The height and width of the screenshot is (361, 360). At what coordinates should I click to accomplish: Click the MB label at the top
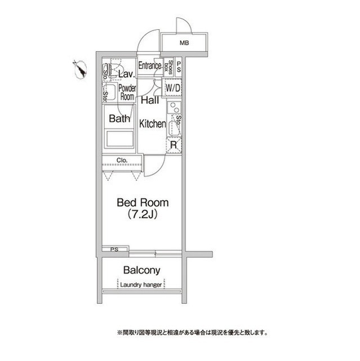(x=184, y=43)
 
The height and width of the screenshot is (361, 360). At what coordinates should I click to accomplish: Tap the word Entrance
(x=150, y=65)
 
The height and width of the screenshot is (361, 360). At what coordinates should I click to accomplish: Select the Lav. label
(x=126, y=73)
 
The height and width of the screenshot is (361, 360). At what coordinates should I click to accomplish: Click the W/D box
(x=172, y=88)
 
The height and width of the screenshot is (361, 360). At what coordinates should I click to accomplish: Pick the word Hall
(x=149, y=100)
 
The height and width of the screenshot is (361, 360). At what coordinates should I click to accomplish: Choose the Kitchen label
(x=152, y=124)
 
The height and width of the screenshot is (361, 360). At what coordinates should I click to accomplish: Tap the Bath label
(x=119, y=119)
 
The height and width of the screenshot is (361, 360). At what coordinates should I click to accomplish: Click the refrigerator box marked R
(x=175, y=144)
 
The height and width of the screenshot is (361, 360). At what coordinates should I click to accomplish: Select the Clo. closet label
(x=122, y=160)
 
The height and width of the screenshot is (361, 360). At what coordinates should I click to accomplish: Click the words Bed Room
(x=143, y=202)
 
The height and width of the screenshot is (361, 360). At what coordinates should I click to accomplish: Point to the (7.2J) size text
(x=143, y=214)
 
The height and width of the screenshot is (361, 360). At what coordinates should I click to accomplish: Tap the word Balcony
(x=142, y=270)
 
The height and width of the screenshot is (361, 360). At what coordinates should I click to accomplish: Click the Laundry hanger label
(x=141, y=285)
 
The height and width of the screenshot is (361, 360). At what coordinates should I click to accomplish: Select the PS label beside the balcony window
(x=114, y=249)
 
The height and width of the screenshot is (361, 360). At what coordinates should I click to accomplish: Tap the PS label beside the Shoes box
(x=179, y=67)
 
